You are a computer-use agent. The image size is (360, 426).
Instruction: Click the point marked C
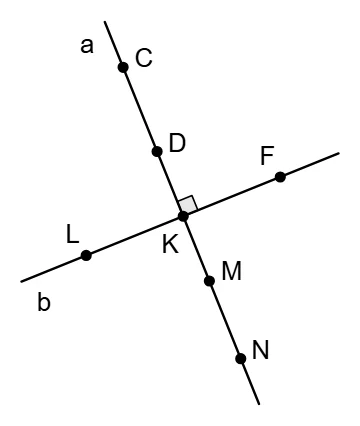(123, 67)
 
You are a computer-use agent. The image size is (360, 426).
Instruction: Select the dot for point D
(157, 151)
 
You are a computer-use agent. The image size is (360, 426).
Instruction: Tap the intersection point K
(183, 216)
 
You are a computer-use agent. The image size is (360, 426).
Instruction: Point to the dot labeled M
(209, 281)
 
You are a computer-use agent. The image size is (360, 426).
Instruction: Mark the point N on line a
(241, 359)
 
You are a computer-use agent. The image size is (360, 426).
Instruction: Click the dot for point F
(280, 177)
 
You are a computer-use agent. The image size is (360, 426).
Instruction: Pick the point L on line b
(86, 256)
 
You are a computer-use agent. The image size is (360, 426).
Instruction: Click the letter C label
(144, 58)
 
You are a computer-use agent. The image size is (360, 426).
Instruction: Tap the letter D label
(177, 143)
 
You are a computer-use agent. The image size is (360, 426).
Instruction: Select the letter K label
(170, 244)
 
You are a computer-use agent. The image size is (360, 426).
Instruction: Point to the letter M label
(231, 271)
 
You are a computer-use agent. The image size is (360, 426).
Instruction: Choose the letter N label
(260, 350)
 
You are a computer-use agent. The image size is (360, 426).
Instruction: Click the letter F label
(267, 156)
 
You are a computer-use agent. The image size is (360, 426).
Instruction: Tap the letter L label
(72, 234)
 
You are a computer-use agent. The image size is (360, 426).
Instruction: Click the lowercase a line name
(87, 46)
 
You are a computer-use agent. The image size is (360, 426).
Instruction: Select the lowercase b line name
(44, 302)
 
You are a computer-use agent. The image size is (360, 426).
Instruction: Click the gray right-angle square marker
(188, 204)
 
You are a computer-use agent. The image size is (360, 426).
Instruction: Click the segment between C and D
(140, 109)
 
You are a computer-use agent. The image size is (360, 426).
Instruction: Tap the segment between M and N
(225, 320)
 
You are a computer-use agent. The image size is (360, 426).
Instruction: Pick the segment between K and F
(232, 197)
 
